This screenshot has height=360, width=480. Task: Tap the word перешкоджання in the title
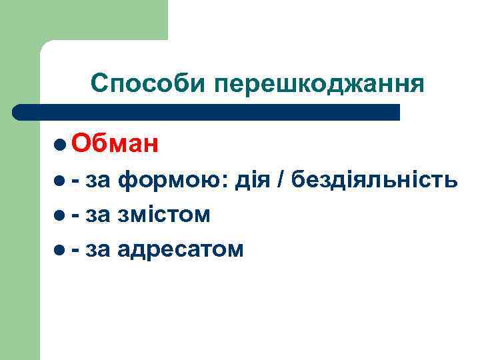tap(319, 85)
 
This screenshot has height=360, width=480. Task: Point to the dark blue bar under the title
tap(207, 111)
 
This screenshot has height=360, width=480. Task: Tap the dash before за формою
tap(76, 180)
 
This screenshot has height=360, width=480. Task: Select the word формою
tap(172, 181)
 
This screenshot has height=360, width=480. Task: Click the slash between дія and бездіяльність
tap(283, 179)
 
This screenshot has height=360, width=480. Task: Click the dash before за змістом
tap(76, 215)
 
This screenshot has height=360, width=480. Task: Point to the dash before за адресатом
tap(76, 250)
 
